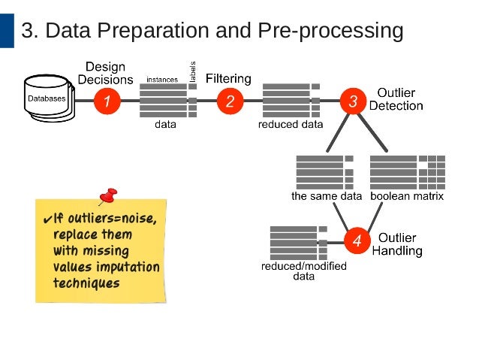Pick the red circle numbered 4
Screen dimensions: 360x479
357,241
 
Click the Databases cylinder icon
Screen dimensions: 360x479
47,98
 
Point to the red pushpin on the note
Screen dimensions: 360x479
109,197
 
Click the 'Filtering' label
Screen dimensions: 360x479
228,78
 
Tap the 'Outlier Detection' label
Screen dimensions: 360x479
396,99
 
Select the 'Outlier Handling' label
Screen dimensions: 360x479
397,244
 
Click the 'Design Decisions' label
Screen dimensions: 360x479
105,73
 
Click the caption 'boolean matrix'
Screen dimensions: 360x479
407,196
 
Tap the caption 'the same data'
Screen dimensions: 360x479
327,196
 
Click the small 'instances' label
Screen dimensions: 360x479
162,79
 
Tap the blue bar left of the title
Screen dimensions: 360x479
7,30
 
